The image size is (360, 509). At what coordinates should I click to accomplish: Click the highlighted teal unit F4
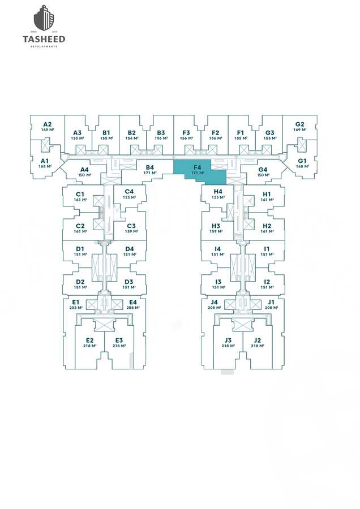pyautogui.click(x=198, y=170)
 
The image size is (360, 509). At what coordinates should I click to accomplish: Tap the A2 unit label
pyautogui.click(x=47, y=124)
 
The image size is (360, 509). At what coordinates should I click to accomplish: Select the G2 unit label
pyautogui.click(x=300, y=124)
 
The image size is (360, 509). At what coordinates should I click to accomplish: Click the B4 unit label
pyautogui.click(x=150, y=167)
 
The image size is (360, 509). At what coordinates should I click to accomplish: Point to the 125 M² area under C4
pyautogui.click(x=129, y=197)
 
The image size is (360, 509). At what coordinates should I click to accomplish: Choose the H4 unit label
pyautogui.click(x=218, y=192)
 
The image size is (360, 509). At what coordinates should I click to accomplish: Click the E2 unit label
pyautogui.click(x=89, y=340)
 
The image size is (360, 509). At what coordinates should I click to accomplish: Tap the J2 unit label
pyautogui.click(x=258, y=340)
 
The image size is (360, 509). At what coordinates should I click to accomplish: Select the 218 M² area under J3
pyautogui.click(x=228, y=346)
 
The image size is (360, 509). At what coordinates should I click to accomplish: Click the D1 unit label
pyautogui.click(x=80, y=249)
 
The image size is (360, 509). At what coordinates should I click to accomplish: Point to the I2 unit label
pyautogui.click(x=267, y=282)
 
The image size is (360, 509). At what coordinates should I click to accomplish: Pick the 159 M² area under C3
pyautogui.click(x=131, y=231)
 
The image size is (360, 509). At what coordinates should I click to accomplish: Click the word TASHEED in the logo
pyautogui.click(x=44, y=39)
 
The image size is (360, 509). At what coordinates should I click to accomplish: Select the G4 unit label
pyautogui.click(x=263, y=170)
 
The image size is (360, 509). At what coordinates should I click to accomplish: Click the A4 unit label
pyautogui.click(x=85, y=170)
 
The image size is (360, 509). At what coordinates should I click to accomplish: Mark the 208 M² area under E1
pyautogui.click(x=76, y=308)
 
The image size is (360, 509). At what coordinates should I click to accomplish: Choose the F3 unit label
pyautogui.click(x=186, y=133)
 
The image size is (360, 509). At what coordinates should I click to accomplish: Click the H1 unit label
pyautogui.click(x=267, y=194)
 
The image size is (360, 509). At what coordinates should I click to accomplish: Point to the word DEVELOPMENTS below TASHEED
pyautogui.click(x=44, y=46)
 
